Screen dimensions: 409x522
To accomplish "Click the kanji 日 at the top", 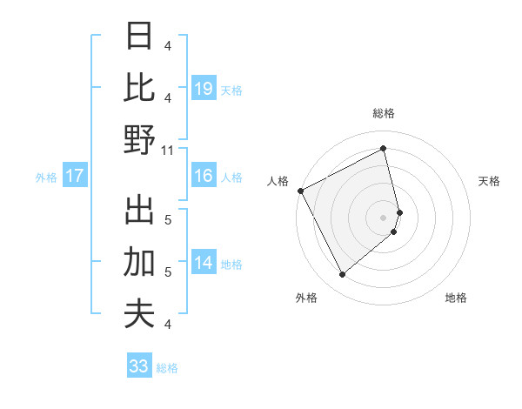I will click(139, 37).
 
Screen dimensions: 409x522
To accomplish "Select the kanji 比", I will click(139, 88).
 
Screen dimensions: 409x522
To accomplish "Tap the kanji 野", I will click(139, 139).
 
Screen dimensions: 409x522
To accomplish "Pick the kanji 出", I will click(139, 209).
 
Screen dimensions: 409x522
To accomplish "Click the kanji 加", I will click(139, 261).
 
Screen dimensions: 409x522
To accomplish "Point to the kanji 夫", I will click(139, 313).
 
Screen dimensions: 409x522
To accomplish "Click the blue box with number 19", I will click(204, 88).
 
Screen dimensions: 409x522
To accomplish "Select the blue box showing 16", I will click(204, 176).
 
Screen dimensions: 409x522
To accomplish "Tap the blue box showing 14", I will click(204, 263).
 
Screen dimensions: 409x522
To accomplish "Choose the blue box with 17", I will click(75, 176).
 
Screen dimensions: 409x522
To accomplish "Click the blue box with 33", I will click(139, 366).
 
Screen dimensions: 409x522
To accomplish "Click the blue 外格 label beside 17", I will click(46, 178).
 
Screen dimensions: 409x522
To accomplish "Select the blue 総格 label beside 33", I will click(167, 368).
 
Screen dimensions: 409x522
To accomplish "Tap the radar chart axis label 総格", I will click(384, 113).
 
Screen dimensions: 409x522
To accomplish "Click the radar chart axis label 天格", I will click(490, 181).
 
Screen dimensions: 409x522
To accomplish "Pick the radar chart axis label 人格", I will click(278, 181).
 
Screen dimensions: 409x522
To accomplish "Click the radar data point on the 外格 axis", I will click(342, 274).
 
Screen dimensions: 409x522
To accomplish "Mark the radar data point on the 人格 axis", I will click(300, 191).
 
